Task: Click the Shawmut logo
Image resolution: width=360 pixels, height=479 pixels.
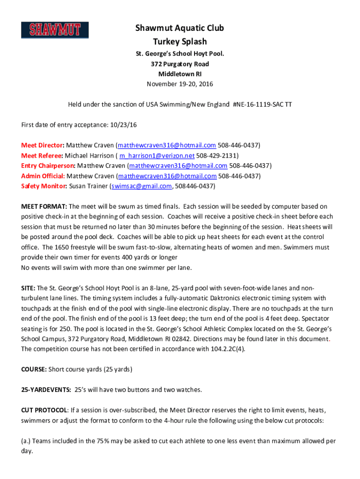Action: point(55,29)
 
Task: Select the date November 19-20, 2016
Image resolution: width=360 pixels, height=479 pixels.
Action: point(180,84)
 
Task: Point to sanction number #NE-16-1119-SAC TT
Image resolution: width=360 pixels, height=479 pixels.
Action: point(262,104)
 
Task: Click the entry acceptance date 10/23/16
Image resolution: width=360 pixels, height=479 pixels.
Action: point(122,125)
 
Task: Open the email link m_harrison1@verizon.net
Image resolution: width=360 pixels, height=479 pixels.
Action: point(157,155)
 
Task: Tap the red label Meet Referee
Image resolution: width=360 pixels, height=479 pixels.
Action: point(42,155)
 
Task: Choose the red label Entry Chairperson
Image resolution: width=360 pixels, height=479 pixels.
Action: point(48,166)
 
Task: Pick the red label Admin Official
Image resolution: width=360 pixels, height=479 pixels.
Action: point(43,176)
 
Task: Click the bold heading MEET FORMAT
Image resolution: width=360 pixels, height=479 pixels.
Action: point(44,206)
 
